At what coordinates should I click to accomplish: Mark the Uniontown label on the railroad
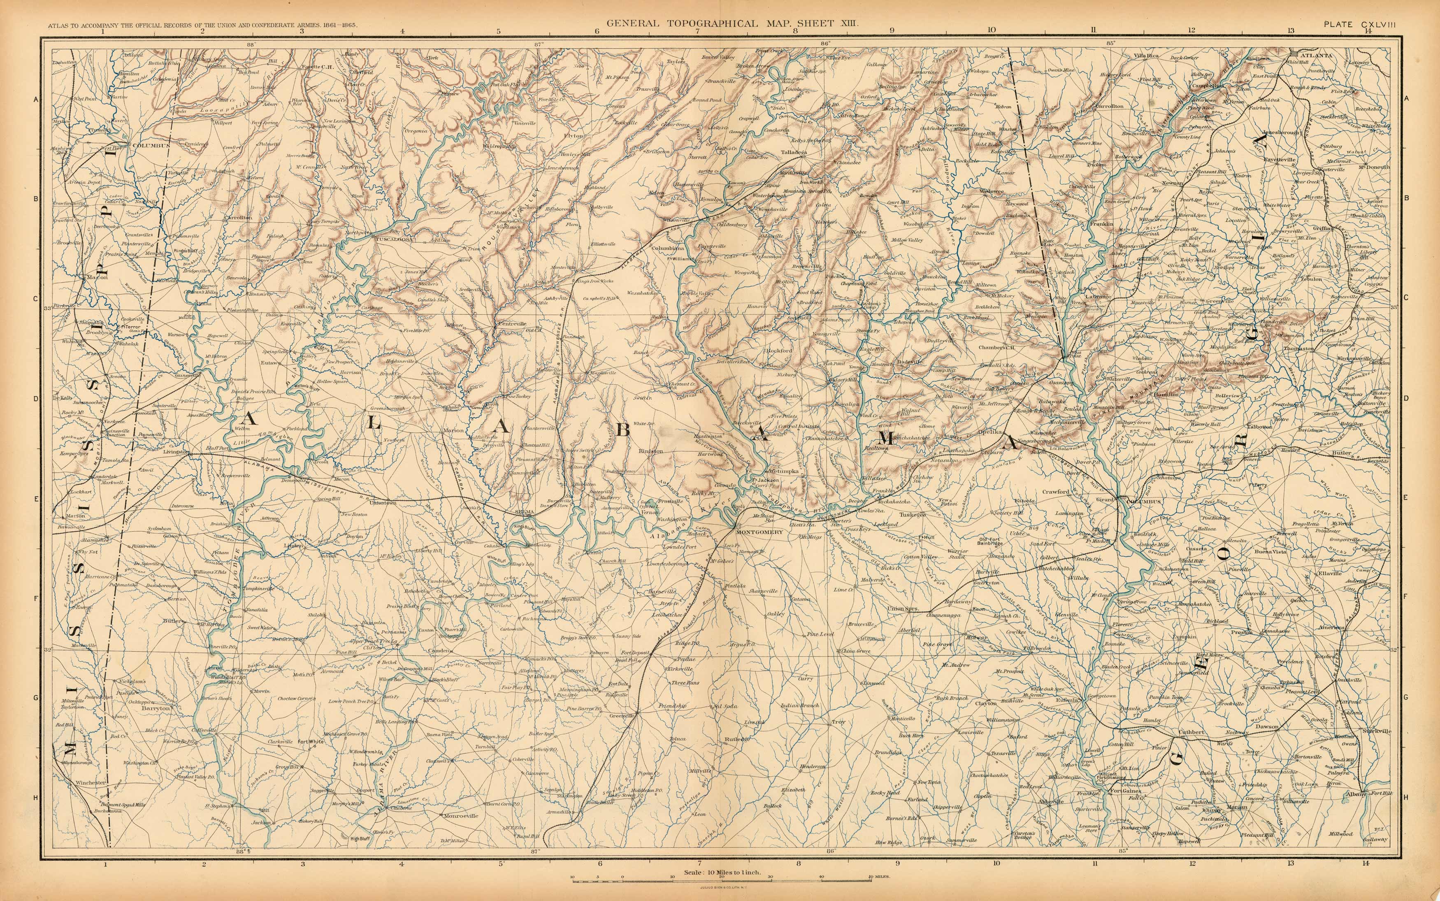[383, 502]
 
